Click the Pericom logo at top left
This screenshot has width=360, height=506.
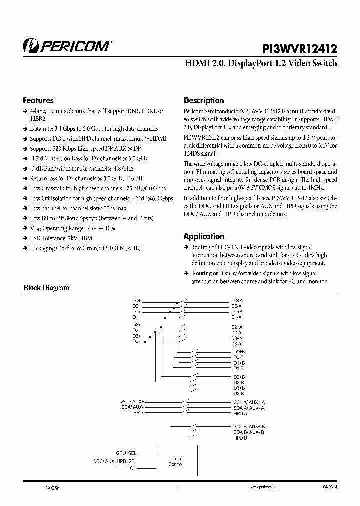(67, 46)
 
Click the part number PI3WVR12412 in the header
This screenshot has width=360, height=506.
(300, 48)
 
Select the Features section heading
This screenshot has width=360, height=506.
(38, 100)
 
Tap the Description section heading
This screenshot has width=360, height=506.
(204, 100)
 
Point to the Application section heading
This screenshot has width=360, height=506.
(204, 236)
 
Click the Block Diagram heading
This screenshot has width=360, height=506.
(47, 288)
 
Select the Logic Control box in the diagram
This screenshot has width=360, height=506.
(176, 461)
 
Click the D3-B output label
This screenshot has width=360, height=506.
(238, 393)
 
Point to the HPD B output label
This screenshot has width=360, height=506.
(240, 437)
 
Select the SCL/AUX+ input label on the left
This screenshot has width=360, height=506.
(132, 402)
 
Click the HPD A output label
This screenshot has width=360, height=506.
(240, 413)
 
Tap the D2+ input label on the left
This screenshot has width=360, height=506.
(136, 325)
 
